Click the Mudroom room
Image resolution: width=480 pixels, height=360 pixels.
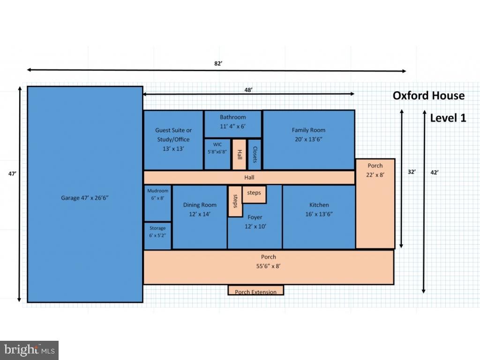(x=157, y=203)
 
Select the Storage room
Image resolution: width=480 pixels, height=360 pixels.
(x=157, y=236)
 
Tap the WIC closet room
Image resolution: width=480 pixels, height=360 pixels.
(x=217, y=154)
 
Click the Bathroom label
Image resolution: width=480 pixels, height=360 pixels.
(x=232, y=117)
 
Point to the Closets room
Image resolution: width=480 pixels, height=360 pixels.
(x=255, y=154)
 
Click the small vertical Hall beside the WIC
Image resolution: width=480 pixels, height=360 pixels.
(x=239, y=154)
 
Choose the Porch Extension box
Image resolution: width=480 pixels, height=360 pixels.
(x=256, y=290)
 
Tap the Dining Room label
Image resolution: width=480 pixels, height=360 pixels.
(x=200, y=205)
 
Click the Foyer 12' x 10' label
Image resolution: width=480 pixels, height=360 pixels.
(x=255, y=222)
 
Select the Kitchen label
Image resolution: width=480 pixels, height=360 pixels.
(x=319, y=205)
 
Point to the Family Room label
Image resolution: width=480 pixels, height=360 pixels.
(x=308, y=130)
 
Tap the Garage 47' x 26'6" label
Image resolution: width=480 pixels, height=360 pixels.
(x=84, y=198)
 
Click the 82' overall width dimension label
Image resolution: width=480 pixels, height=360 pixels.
(x=218, y=63)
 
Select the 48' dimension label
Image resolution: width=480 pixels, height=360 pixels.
(x=248, y=90)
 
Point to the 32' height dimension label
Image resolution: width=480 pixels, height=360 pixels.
(x=412, y=172)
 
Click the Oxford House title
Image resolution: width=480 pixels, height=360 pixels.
(x=428, y=96)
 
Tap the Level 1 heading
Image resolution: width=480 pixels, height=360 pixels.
(x=448, y=118)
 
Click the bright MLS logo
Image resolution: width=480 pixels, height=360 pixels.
(x=30, y=350)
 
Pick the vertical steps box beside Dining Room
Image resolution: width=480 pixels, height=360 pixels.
(x=235, y=201)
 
